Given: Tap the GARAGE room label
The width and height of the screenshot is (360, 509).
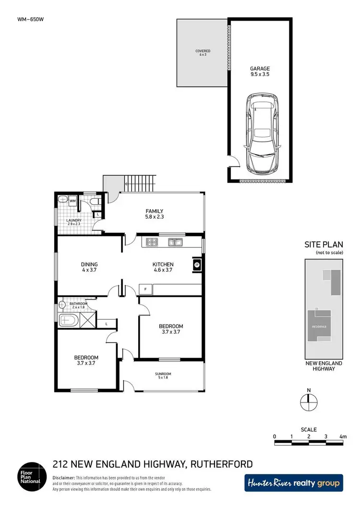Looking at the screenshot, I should tap(259, 69).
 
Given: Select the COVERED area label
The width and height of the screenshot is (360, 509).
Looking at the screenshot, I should tap(203, 51).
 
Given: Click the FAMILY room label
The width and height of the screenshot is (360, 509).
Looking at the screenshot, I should tap(155, 211).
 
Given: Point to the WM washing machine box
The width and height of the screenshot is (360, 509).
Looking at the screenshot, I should tap(72, 201).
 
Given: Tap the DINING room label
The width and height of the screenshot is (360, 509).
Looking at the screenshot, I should tap(89, 264).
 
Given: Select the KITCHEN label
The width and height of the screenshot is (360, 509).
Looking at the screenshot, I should tap(163, 264).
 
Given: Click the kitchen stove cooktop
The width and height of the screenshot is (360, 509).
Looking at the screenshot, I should tap(152, 242).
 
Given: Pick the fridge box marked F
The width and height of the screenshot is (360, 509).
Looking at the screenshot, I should tap(145, 289).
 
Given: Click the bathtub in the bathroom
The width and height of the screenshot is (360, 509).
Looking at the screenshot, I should tap(70, 320).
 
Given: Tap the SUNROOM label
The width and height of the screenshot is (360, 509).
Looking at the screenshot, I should tap(163, 374).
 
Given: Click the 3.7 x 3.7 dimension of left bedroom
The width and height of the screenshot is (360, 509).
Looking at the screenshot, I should tap(86, 364).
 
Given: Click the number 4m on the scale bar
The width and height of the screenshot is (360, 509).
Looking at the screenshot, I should tap(342, 437).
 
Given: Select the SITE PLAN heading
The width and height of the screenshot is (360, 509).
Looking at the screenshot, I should tap(324, 244).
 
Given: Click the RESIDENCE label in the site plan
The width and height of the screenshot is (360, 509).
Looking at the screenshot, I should tap(319, 327).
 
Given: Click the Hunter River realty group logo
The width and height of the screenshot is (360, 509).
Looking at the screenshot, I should tap(293, 483).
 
